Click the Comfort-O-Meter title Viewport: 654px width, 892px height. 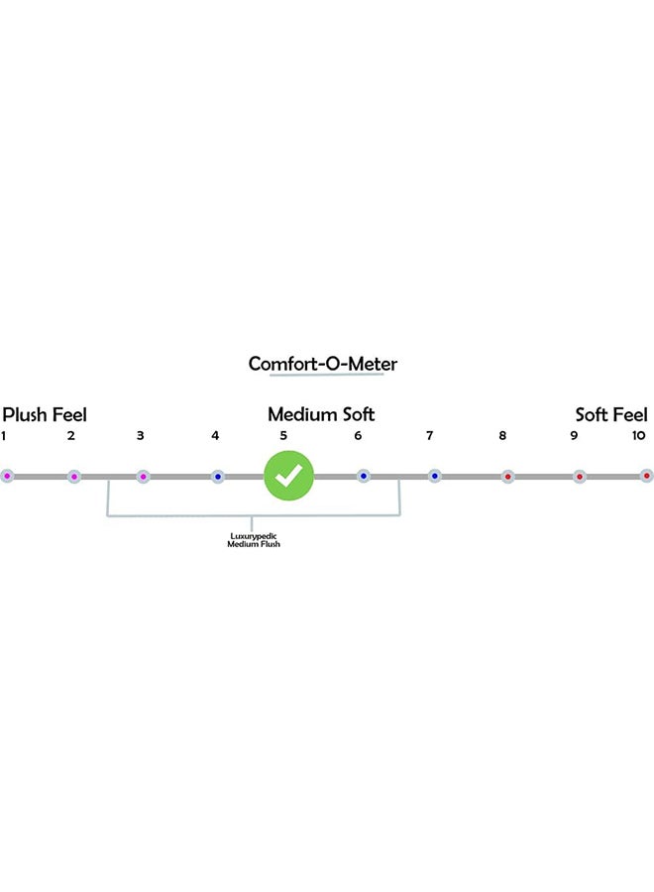[x=322, y=364]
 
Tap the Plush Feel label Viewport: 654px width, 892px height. [x=45, y=414]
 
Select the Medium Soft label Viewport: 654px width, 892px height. [x=321, y=414]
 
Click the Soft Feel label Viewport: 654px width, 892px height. [x=611, y=414]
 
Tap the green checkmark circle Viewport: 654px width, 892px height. [x=288, y=476]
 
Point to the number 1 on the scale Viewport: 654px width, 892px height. [x=4, y=436]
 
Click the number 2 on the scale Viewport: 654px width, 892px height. [x=71, y=436]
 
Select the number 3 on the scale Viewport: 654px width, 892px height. [x=141, y=436]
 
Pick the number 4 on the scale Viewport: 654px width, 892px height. [x=215, y=436]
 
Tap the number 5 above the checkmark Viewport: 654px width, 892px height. [x=283, y=436]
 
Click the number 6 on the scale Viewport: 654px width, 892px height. [x=359, y=436]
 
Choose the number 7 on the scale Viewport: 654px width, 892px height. [x=430, y=436]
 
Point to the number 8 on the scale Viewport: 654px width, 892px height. [x=503, y=436]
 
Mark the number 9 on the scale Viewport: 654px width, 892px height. [x=574, y=436]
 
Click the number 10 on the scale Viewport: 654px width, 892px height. [x=638, y=436]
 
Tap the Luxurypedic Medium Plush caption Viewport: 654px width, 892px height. [x=254, y=540]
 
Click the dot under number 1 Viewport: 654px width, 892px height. [x=7, y=476]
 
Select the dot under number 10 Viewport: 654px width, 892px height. [x=646, y=476]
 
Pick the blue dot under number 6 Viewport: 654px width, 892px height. [x=364, y=476]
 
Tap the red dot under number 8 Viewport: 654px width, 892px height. [x=507, y=476]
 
